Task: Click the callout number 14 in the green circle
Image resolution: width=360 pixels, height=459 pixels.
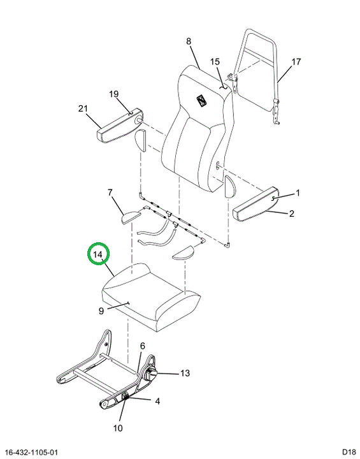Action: [98, 254]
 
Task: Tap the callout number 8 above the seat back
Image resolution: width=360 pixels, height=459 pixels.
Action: [189, 41]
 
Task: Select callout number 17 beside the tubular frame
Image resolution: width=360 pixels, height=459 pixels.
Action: [296, 62]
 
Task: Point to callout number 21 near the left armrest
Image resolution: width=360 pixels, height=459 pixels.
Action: [83, 108]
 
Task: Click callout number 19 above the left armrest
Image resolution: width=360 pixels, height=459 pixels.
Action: [114, 94]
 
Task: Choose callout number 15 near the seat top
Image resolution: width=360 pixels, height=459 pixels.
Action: [215, 62]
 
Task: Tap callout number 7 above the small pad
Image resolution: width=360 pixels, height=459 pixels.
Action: [110, 193]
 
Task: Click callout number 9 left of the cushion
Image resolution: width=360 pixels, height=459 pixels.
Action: [101, 311]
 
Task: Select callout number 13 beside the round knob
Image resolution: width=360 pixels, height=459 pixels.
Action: [185, 373]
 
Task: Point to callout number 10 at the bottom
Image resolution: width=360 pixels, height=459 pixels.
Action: [118, 428]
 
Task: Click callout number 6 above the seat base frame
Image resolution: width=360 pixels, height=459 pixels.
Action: [143, 346]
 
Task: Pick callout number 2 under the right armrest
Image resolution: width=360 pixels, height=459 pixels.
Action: [291, 214]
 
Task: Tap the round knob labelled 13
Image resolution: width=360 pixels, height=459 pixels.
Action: [151, 375]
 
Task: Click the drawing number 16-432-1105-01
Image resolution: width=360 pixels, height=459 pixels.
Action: [31, 452]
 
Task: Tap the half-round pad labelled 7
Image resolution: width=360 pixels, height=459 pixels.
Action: [131, 217]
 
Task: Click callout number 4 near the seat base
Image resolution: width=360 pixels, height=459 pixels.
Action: [157, 401]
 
